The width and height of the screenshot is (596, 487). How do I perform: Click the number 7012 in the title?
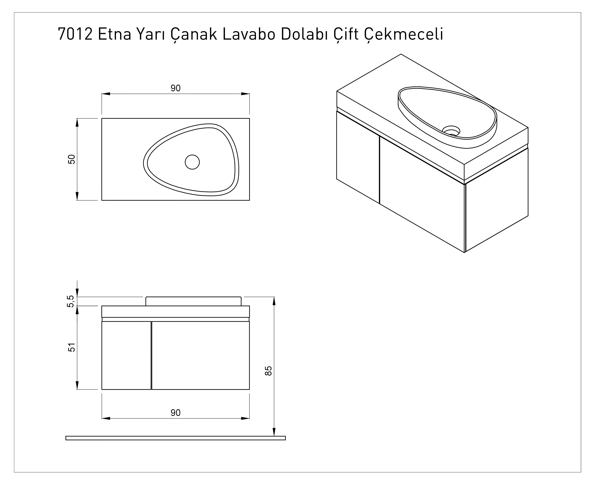coord(75,34)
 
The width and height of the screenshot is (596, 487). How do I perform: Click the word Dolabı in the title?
coord(305,34)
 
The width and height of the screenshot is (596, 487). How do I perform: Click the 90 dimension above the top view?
coord(176,88)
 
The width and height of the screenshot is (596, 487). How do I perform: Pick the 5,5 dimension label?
coord(71,301)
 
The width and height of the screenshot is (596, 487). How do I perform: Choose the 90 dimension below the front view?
coord(176,413)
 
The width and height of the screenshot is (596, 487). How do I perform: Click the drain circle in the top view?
coord(192,162)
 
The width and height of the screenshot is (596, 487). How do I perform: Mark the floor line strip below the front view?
coord(176,438)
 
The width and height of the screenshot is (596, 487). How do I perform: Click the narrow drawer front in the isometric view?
coord(358,157)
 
